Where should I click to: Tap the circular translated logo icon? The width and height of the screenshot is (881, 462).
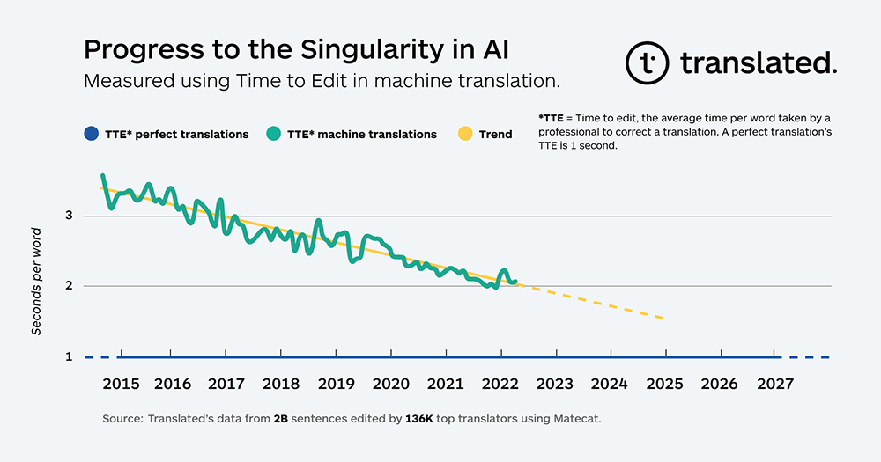pyautogui.click(x=648, y=62)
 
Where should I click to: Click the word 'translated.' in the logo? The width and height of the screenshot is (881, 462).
pyautogui.click(x=758, y=62)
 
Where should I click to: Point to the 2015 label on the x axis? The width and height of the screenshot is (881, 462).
pyautogui.click(x=120, y=385)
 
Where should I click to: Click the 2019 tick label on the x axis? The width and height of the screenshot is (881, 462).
pyautogui.click(x=337, y=385)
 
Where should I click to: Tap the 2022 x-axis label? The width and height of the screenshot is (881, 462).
pyautogui.click(x=500, y=385)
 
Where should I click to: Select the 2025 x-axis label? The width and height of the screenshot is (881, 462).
pyautogui.click(x=664, y=385)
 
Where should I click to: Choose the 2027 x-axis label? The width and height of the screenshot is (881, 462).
pyautogui.click(x=774, y=385)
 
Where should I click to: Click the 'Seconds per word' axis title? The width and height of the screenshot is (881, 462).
pyautogui.click(x=36, y=282)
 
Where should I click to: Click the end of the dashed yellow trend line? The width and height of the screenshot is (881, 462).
pyautogui.click(x=663, y=318)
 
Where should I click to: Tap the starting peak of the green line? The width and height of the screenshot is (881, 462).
pyautogui.click(x=103, y=176)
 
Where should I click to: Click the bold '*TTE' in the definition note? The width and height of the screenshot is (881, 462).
pyautogui.click(x=549, y=117)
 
